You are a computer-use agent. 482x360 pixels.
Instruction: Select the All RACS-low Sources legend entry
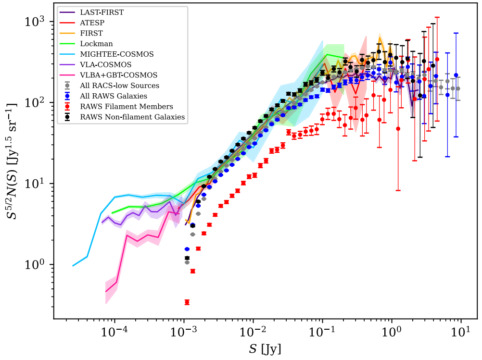(x=120, y=86)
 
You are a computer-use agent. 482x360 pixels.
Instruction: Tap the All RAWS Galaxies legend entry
(x=114, y=96)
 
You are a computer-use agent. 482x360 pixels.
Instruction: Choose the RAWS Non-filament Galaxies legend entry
(x=132, y=117)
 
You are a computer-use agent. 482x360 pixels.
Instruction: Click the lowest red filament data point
(x=187, y=302)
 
